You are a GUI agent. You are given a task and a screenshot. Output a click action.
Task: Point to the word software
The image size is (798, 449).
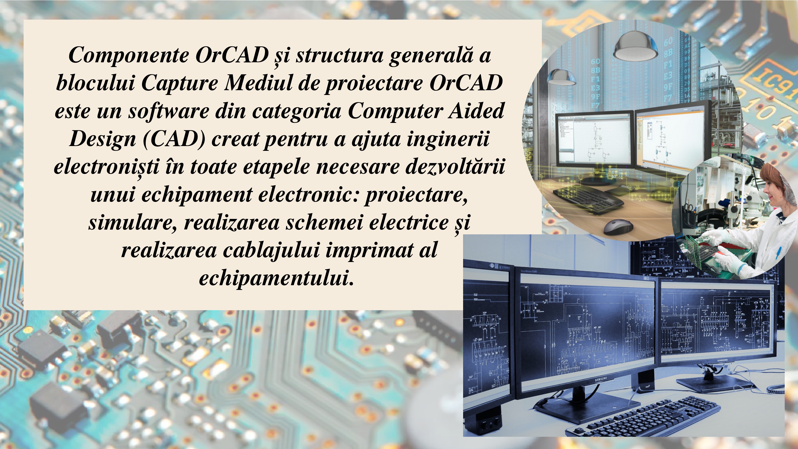point(169,111)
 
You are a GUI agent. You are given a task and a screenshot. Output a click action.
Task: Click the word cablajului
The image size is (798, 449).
point(271,250)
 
